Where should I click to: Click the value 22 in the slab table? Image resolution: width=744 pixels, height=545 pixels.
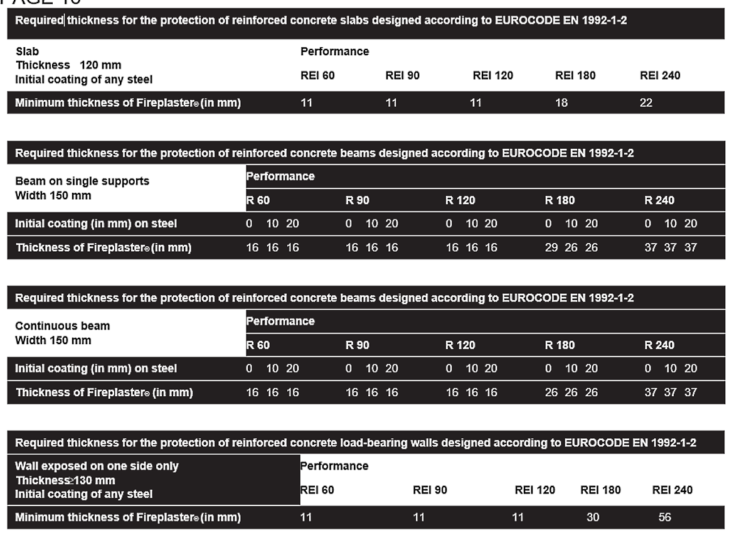646,103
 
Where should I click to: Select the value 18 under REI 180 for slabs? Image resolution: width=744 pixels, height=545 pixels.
561,103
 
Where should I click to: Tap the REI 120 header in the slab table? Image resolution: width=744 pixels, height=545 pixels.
492,75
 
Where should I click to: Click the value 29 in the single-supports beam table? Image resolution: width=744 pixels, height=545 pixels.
551,247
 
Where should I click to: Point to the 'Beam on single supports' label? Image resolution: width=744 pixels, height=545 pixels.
82,181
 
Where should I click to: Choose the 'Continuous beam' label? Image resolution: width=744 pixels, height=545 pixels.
62,326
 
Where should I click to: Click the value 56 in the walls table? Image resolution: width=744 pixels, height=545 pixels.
665,517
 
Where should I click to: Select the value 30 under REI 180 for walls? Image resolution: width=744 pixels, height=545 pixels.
592,517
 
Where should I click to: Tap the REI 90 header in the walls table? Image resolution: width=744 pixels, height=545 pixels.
430,490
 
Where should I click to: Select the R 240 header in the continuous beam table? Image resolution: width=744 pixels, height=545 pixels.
659,345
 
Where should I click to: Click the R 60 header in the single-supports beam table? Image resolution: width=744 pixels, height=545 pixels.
258,200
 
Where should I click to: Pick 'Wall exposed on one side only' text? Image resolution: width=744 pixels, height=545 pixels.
97,466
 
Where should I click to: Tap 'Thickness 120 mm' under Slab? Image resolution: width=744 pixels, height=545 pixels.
68,65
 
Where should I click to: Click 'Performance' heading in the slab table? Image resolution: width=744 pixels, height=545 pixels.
334,51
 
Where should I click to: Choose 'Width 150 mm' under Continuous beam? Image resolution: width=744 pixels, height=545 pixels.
53,340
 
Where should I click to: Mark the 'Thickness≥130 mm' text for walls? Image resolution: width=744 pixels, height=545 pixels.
65,480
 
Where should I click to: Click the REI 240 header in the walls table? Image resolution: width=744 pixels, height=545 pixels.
672,490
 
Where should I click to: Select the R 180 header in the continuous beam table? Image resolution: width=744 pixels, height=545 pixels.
560,345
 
